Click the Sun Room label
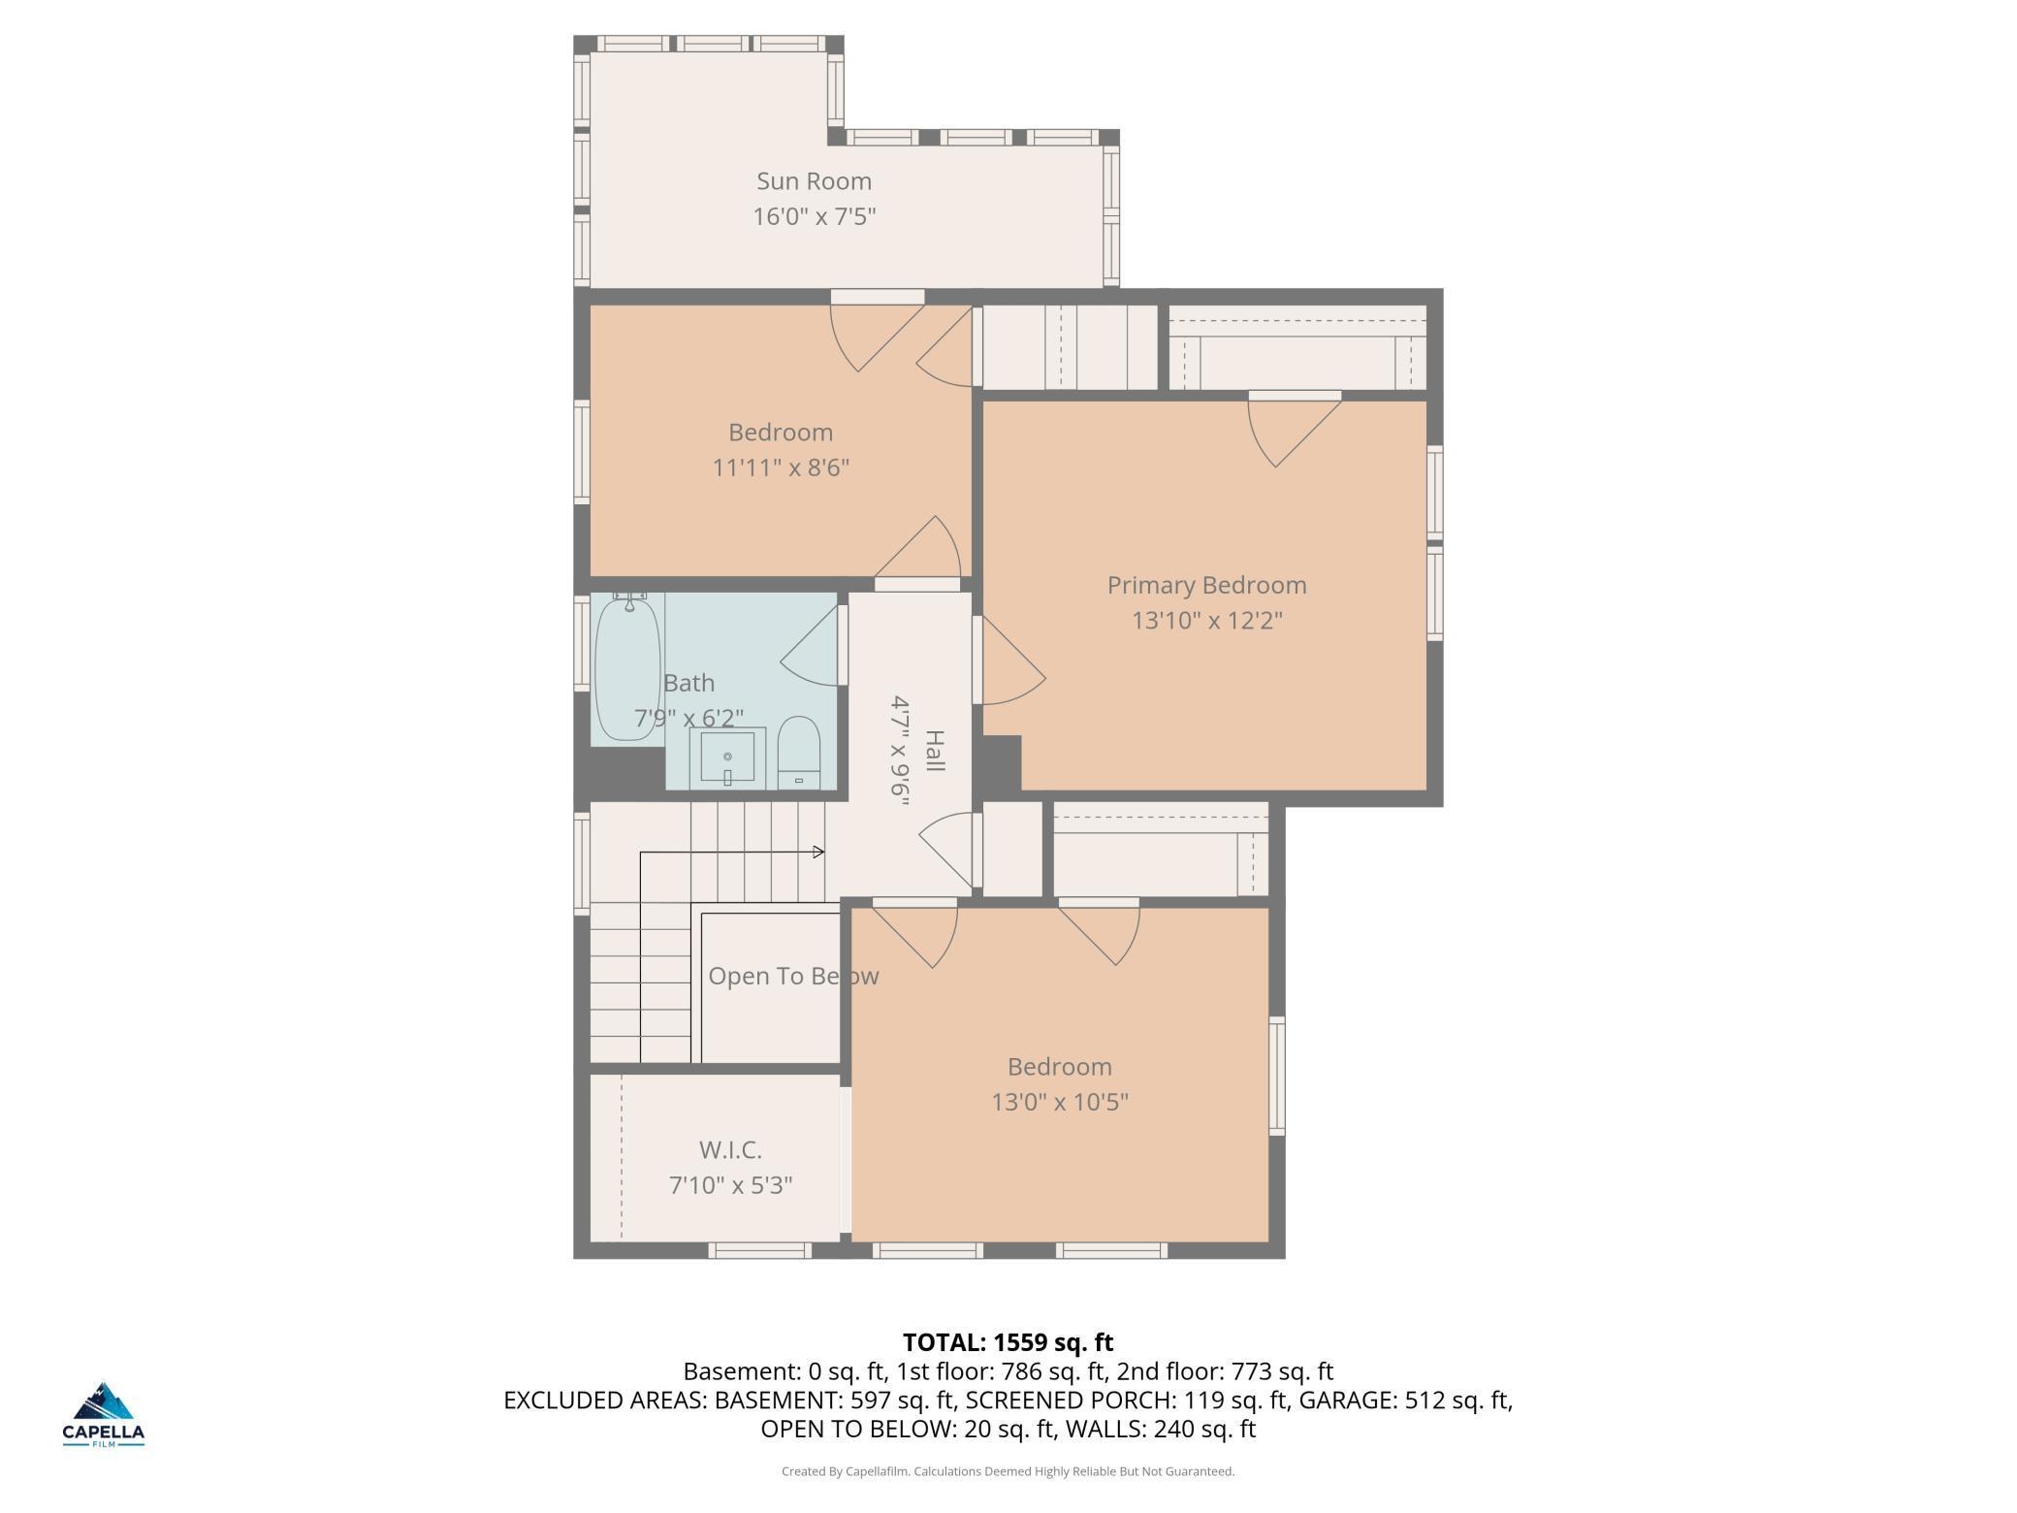click(814, 181)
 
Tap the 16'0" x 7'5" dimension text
click(815, 216)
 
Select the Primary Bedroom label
click(1206, 586)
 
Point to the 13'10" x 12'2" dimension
click(1207, 621)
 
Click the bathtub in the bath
click(627, 669)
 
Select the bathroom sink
click(727, 758)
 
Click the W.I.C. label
click(730, 1150)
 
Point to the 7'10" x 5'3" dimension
click(731, 1185)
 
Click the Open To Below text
click(793, 977)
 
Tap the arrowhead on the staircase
click(818, 853)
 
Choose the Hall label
click(935, 751)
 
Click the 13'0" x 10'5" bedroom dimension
click(1060, 1103)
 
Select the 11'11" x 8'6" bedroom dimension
click(781, 468)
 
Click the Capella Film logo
click(104, 1414)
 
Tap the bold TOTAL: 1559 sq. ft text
click(1008, 1343)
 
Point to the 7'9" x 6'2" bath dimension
click(688, 719)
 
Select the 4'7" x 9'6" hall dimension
click(901, 746)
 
